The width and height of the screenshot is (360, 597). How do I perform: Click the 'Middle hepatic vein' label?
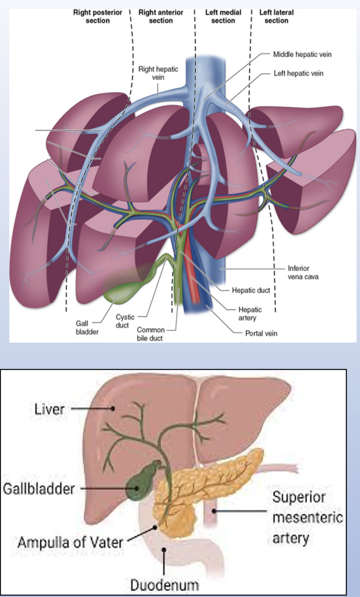(x=302, y=54)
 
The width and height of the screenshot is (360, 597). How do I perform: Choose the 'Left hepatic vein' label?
(x=299, y=74)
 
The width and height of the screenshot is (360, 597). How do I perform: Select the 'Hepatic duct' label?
(x=251, y=290)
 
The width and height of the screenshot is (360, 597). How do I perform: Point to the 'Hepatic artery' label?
(x=250, y=313)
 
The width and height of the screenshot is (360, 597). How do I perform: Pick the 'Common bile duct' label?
(x=151, y=333)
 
